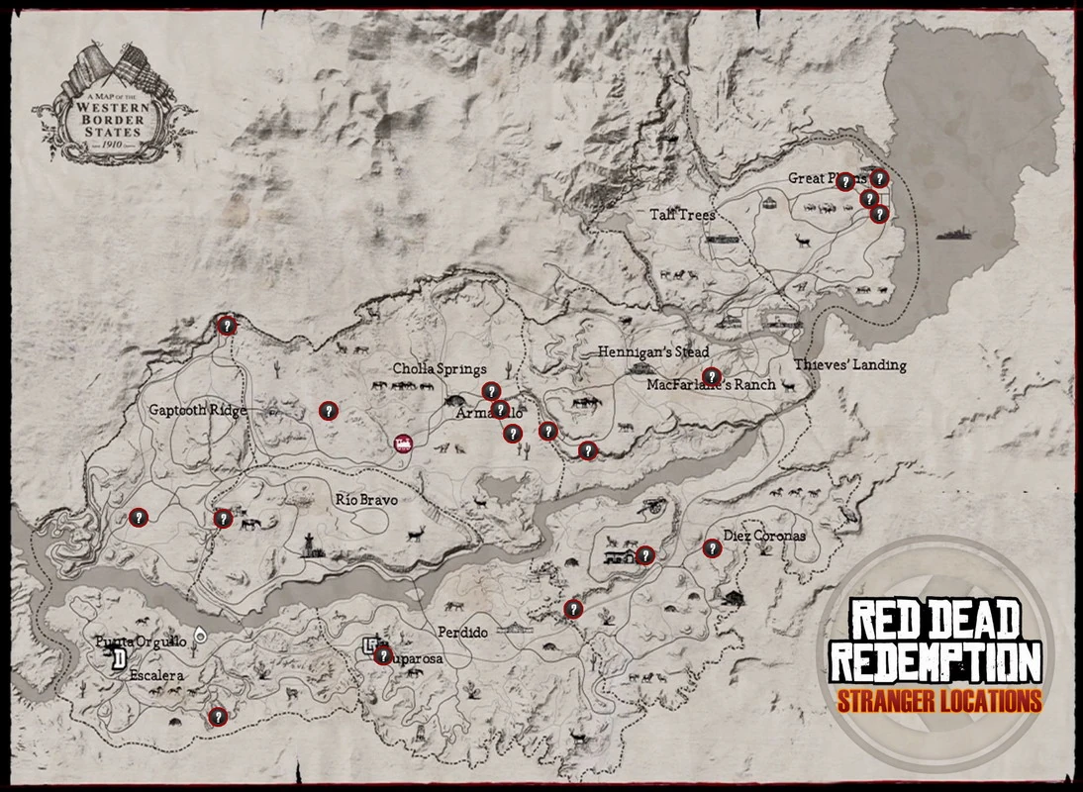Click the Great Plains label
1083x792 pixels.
pyautogui.click(x=819, y=178)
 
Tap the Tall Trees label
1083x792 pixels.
pyautogui.click(x=682, y=214)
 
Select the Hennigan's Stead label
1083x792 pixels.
pyautogui.click(x=653, y=352)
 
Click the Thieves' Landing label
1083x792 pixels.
pyautogui.click(x=849, y=364)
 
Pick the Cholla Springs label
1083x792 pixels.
pyautogui.click(x=440, y=369)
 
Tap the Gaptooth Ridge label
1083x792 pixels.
pyautogui.click(x=198, y=410)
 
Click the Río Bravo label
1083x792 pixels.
pyautogui.click(x=366, y=500)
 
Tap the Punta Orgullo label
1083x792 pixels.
pyautogui.click(x=140, y=642)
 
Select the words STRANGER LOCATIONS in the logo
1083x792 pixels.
pyautogui.click(x=938, y=701)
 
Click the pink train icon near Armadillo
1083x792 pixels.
pyautogui.click(x=403, y=445)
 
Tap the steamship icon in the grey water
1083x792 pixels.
pyautogui.click(x=955, y=233)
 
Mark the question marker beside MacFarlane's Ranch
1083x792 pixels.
pyautogui.click(x=711, y=375)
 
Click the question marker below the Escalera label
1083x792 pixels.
pyautogui.click(x=218, y=716)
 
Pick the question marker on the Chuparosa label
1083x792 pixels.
pyautogui.click(x=383, y=654)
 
